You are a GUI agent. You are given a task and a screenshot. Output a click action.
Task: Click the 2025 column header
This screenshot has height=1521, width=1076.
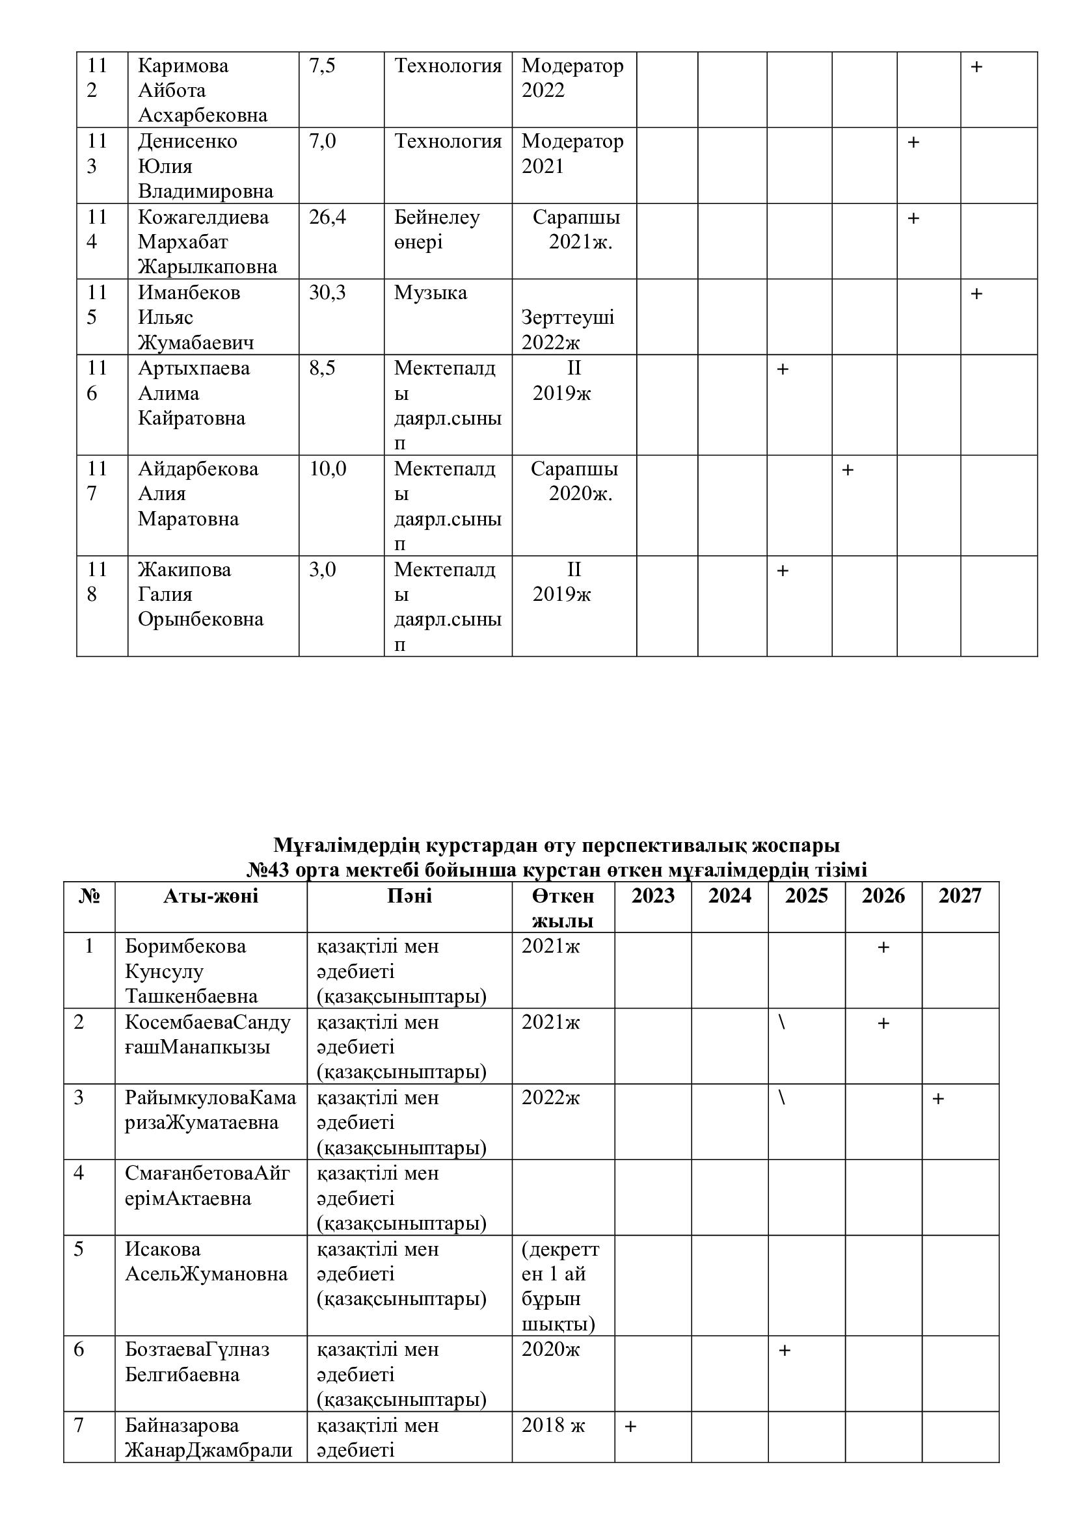point(806,896)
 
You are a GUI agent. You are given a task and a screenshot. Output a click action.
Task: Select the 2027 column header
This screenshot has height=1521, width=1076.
point(960,896)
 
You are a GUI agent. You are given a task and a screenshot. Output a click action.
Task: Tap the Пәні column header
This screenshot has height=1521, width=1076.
point(409,896)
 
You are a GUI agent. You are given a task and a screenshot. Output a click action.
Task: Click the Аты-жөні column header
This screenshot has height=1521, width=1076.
point(211,896)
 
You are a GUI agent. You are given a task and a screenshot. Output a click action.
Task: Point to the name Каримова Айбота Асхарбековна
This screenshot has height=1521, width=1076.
point(202,90)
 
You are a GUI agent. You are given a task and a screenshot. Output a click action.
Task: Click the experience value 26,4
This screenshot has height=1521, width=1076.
point(327,217)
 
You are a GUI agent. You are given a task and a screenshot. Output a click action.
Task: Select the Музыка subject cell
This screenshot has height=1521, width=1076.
point(431,293)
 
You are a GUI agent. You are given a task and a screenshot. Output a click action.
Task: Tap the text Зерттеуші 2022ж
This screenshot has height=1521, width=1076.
point(568,330)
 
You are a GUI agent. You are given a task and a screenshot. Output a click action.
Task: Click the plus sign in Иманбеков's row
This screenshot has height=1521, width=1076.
point(976,293)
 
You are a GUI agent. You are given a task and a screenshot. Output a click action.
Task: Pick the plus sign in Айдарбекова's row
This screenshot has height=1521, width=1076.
point(848,470)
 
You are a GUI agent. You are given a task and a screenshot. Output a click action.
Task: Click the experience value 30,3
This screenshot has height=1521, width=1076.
point(327,293)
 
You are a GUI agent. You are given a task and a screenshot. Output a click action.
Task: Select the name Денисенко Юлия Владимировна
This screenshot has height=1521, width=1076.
point(206,166)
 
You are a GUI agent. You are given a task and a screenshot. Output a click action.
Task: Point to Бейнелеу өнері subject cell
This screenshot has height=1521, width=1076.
point(437,229)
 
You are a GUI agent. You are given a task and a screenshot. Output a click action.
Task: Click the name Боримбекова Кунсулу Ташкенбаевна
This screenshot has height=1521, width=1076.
point(191,971)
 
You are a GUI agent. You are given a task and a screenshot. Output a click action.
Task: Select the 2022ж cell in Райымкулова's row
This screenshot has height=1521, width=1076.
point(550,1098)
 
